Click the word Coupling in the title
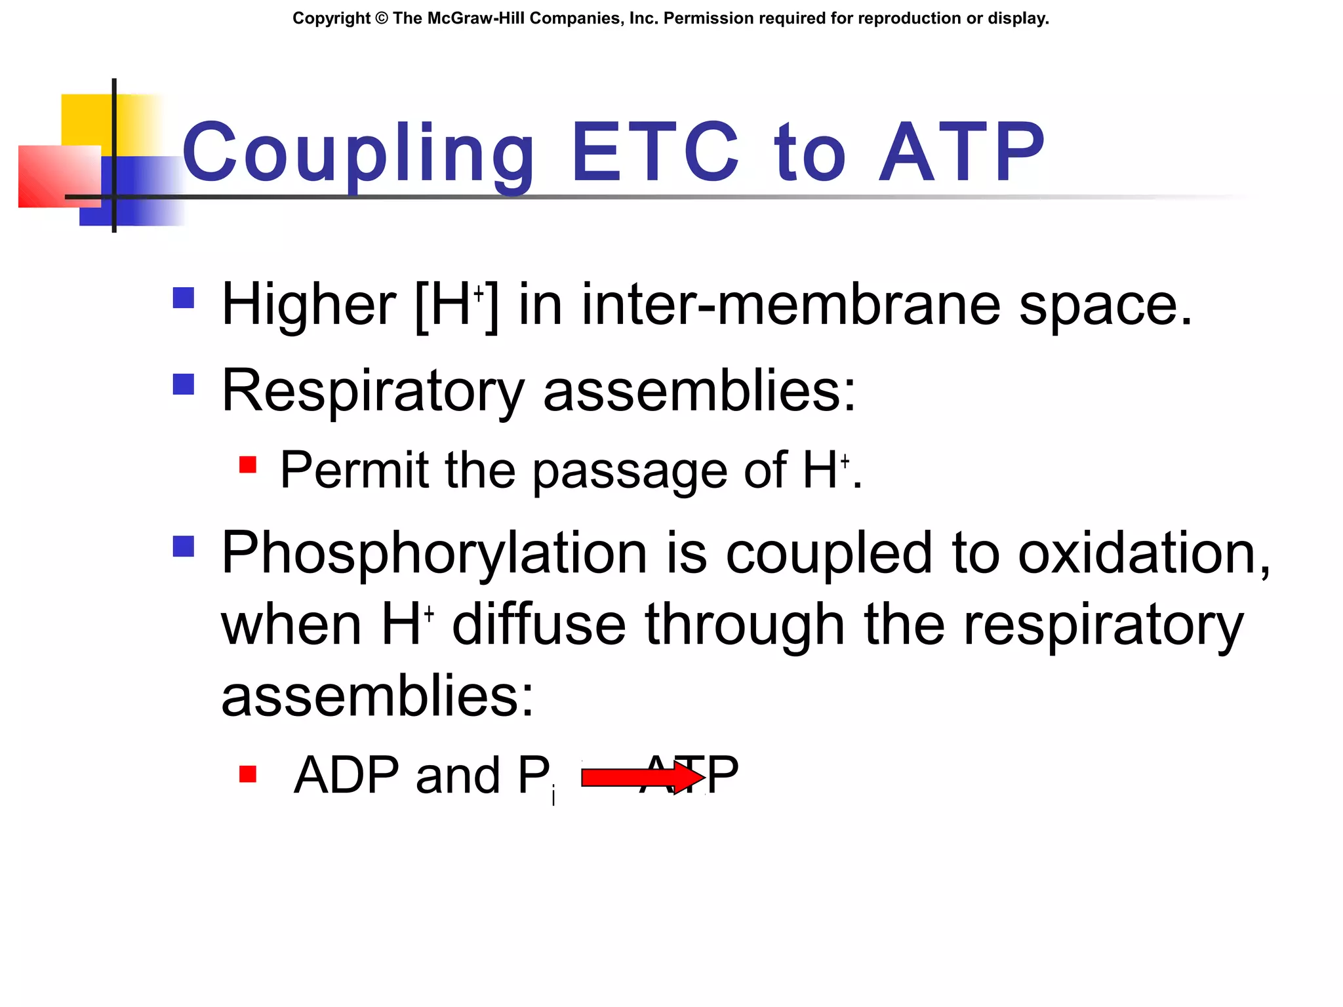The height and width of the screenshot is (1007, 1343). point(358,154)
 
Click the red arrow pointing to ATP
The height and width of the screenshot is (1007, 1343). point(641,778)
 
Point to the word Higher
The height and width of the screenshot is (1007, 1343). point(308,305)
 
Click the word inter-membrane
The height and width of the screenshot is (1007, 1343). point(790,305)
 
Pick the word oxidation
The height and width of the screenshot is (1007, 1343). point(1144,553)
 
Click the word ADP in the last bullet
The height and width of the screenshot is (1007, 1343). point(346,776)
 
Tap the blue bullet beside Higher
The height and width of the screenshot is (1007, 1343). point(184,298)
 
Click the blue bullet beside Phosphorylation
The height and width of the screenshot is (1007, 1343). point(184,546)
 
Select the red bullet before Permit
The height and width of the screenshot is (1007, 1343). point(248,465)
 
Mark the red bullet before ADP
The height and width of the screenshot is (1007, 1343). point(248,774)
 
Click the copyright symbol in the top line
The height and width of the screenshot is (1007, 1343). point(382,18)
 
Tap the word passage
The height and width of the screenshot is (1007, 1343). point(630,471)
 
